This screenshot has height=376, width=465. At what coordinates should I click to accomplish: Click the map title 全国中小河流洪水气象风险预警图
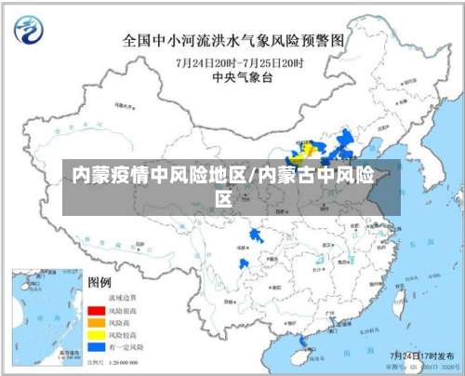tap(233, 41)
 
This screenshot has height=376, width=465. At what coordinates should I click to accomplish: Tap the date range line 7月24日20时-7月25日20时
tap(239, 61)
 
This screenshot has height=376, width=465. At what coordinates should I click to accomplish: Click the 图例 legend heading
tap(100, 281)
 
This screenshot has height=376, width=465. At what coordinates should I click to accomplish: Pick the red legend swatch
tap(95, 309)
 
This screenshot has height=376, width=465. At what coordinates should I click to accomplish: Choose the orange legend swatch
tap(95, 321)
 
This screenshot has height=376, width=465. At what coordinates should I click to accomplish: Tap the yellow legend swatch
tap(95, 333)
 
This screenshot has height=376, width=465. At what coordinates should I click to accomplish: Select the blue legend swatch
tap(95, 345)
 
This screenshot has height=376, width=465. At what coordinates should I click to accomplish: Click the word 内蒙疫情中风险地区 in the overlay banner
tap(158, 174)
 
